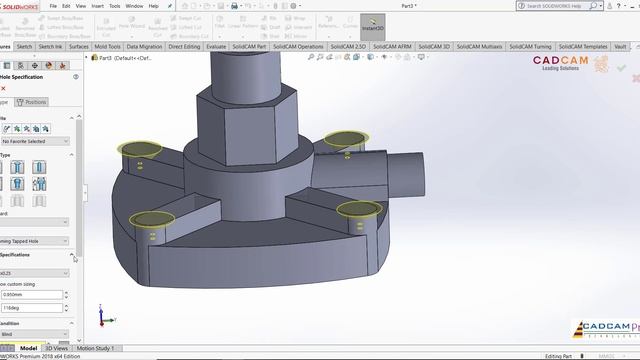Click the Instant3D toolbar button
(x=372, y=24)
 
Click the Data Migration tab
(x=144, y=46)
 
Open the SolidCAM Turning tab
(x=529, y=46)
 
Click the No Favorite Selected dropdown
(x=34, y=141)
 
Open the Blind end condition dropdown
(x=34, y=336)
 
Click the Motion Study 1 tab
(x=96, y=348)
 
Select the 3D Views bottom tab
(x=56, y=348)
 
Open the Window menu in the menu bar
(x=133, y=6)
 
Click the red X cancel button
(x=3, y=88)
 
